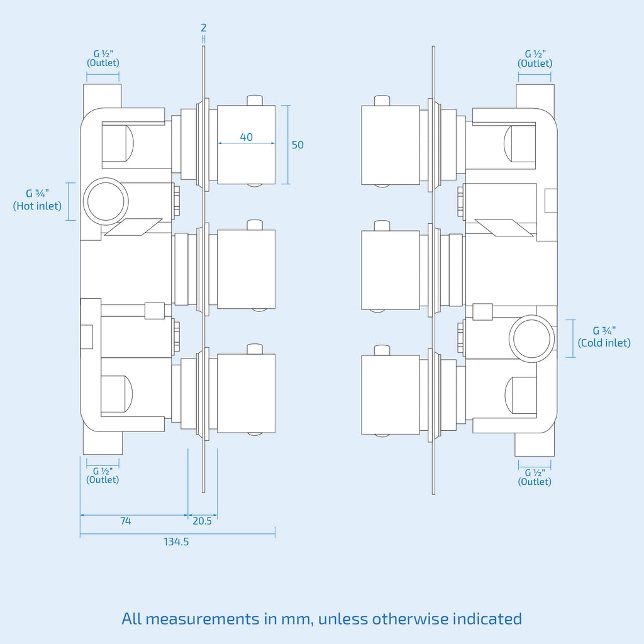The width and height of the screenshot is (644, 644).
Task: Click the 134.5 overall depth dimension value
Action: [176, 541]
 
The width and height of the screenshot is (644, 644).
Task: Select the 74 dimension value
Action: [125, 521]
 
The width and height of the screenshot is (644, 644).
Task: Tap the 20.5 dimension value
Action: [202, 521]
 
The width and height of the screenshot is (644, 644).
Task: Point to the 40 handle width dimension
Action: [246, 137]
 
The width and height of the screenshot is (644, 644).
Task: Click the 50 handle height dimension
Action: [297, 145]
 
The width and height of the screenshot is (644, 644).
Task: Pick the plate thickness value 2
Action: [203, 28]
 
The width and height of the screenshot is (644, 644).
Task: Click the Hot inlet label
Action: [37, 199]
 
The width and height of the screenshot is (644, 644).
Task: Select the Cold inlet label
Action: [604, 337]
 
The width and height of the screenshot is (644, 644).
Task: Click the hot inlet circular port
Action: [106, 201]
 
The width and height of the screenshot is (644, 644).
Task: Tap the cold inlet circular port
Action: [532, 338]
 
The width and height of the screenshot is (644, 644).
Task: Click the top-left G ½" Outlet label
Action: [103, 58]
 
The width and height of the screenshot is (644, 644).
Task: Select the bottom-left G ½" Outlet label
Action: [103, 475]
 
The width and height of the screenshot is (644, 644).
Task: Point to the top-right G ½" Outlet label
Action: [535, 58]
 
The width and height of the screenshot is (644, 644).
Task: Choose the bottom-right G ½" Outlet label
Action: [535, 477]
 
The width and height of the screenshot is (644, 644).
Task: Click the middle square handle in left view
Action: [246, 269]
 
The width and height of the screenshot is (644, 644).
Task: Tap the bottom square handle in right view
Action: [391, 395]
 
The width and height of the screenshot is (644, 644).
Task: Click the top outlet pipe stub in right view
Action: [535, 96]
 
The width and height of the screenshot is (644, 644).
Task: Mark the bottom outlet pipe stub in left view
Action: [103, 443]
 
